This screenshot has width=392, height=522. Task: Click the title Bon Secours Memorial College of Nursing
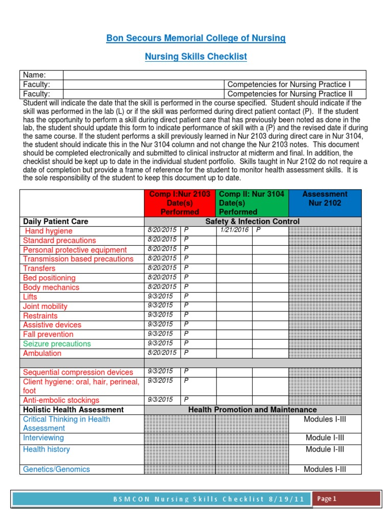point(195,38)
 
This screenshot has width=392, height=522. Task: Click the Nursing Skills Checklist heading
point(195,57)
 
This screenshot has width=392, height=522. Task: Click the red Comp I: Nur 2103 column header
point(180,203)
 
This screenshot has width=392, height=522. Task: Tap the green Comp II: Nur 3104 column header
point(252,203)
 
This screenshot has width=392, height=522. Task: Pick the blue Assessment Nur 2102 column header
point(325,198)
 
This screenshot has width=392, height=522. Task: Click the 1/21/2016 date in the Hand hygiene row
point(234,230)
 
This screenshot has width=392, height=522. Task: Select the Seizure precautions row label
point(57,344)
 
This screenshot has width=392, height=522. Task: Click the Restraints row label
point(40,316)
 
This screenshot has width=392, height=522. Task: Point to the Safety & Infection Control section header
point(252,221)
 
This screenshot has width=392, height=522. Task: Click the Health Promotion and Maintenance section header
point(252,410)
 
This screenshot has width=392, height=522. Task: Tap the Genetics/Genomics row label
point(56,469)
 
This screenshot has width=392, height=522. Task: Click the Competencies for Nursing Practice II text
point(289,94)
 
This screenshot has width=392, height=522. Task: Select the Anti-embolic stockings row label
point(61,400)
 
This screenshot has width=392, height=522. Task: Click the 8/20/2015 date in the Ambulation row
point(162,353)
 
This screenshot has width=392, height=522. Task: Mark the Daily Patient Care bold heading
point(56,221)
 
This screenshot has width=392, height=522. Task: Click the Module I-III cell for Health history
point(325,449)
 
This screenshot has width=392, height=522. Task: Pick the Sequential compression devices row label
point(78,372)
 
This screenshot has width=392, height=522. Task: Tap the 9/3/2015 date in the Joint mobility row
point(160,306)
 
